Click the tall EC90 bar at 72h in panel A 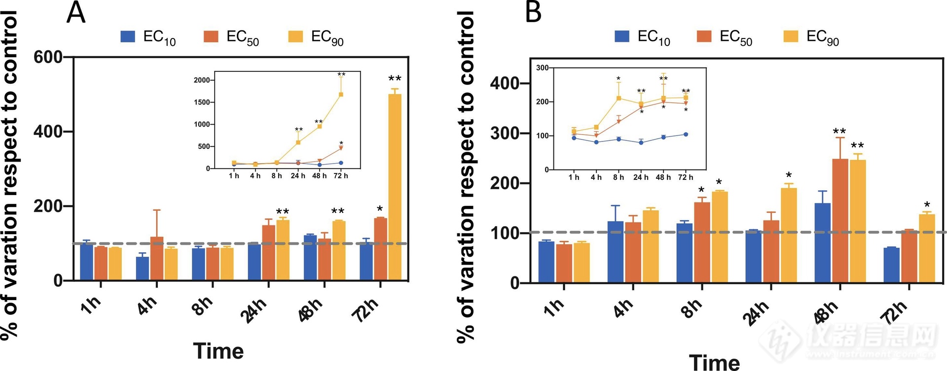(x=395, y=187)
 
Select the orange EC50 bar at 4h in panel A (x=157, y=259)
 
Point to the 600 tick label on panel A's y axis (x=48, y=57)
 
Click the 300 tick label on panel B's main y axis (x=505, y=134)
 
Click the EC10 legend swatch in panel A (x=128, y=36)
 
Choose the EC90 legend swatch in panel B (x=791, y=36)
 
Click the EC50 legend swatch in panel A (x=211, y=36)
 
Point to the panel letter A (x=76, y=13)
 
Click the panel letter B (x=533, y=13)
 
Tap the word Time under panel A (x=219, y=351)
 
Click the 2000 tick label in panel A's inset (x=202, y=80)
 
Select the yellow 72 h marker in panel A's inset (x=341, y=95)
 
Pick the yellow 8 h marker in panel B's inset (x=619, y=98)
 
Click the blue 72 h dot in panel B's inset (x=686, y=135)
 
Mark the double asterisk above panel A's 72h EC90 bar (x=395, y=79)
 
